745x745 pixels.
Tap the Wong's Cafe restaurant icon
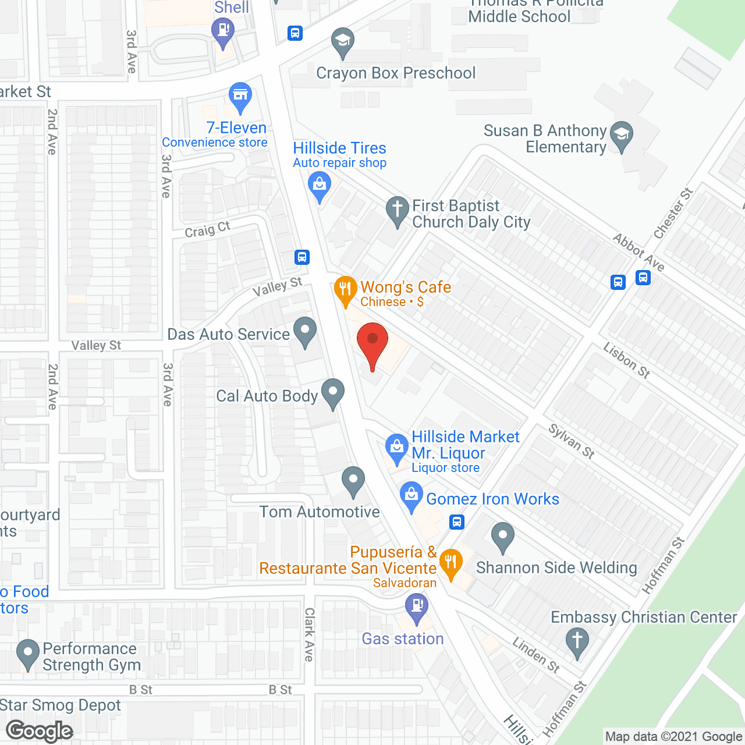tap(345, 289)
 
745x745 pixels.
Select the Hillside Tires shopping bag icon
tap(319, 185)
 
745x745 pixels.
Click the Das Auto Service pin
tap(304, 331)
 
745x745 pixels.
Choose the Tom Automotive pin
tap(353, 480)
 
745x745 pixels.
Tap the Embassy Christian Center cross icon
tap(577, 642)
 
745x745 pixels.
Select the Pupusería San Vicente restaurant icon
tap(450, 563)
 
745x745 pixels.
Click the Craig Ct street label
tap(207, 230)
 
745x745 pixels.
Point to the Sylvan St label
tap(571, 441)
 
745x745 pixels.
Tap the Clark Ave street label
tap(309, 634)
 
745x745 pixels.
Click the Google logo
tap(40, 731)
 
